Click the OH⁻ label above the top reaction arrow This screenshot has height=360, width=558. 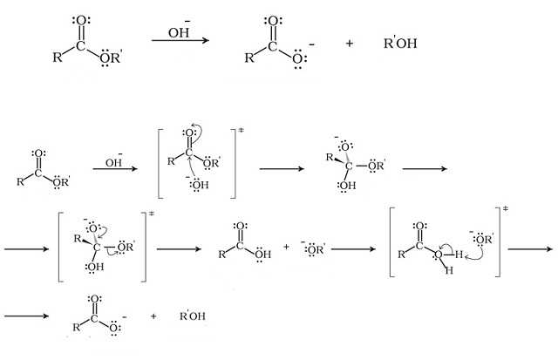179,31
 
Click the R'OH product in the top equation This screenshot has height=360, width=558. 400,43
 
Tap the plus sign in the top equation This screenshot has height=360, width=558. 349,44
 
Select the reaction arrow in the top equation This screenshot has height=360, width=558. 180,40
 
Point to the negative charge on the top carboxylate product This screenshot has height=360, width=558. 312,44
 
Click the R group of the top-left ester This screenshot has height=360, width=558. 58,57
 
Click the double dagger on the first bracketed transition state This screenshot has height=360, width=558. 241,131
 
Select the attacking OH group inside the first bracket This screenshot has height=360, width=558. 198,184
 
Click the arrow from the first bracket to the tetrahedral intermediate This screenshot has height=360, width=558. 282,168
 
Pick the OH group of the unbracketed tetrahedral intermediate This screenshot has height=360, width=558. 346,186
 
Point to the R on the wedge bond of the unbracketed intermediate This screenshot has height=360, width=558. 330,157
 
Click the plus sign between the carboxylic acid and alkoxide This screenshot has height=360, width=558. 287,247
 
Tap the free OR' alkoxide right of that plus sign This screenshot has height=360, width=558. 314,248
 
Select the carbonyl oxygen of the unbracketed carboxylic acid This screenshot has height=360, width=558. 241,226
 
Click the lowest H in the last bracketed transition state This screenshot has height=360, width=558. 449,271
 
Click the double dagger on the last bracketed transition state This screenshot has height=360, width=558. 506,208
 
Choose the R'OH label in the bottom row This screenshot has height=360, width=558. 193,316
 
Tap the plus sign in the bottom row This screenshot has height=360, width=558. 153,316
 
